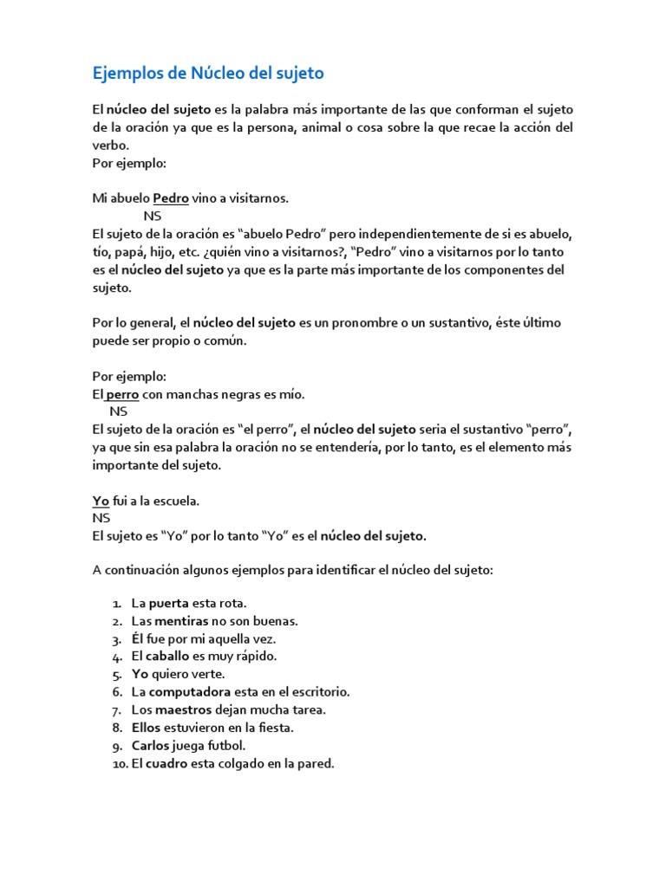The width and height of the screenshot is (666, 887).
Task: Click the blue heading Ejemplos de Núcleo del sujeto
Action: pyautogui.click(x=208, y=74)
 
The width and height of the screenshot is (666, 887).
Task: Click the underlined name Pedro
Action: pyautogui.click(x=171, y=198)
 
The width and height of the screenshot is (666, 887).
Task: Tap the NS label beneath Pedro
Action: pyautogui.click(x=153, y=216)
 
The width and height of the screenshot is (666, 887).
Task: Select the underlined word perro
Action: pyautogui.click(x=122, y=394)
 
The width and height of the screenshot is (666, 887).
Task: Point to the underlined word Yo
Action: pyautogui.click(x=101, y=501)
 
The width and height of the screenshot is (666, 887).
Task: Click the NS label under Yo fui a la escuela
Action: pyautogui.click(x=101, y=518)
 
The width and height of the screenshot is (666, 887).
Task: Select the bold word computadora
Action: pyautogui.click(x=190, y=692)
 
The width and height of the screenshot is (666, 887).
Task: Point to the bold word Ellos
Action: pyautogui.click(x=147, y=728)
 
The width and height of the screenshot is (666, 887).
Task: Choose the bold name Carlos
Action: pyautogui.click(x=151, y=746)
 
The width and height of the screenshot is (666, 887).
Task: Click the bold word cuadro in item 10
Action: pyautogui.click(x=166, y=764)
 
